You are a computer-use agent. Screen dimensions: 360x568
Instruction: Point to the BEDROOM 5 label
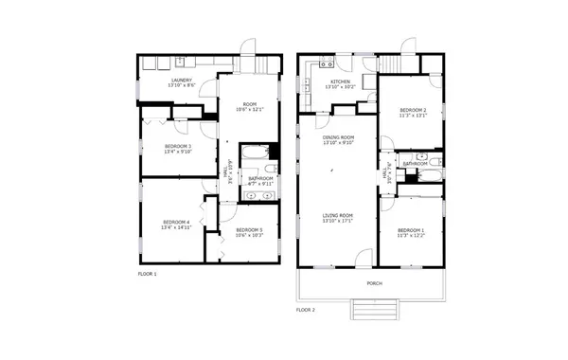click(249, 231)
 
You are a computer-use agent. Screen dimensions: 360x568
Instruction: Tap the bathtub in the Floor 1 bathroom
click(255, 153)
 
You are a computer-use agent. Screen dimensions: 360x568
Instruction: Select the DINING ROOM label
click(338, 139)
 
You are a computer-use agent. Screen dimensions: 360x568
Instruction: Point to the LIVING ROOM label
click(338, 216)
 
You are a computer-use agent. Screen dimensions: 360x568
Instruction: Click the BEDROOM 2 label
click(411, 112)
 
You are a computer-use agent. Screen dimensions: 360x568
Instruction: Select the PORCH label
click(375, 283)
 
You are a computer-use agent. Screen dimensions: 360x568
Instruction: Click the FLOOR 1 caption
click(148, 273)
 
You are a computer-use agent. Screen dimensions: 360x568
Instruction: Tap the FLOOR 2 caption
click(305, 310)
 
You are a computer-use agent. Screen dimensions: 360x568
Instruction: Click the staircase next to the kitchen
click(391, 63)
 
